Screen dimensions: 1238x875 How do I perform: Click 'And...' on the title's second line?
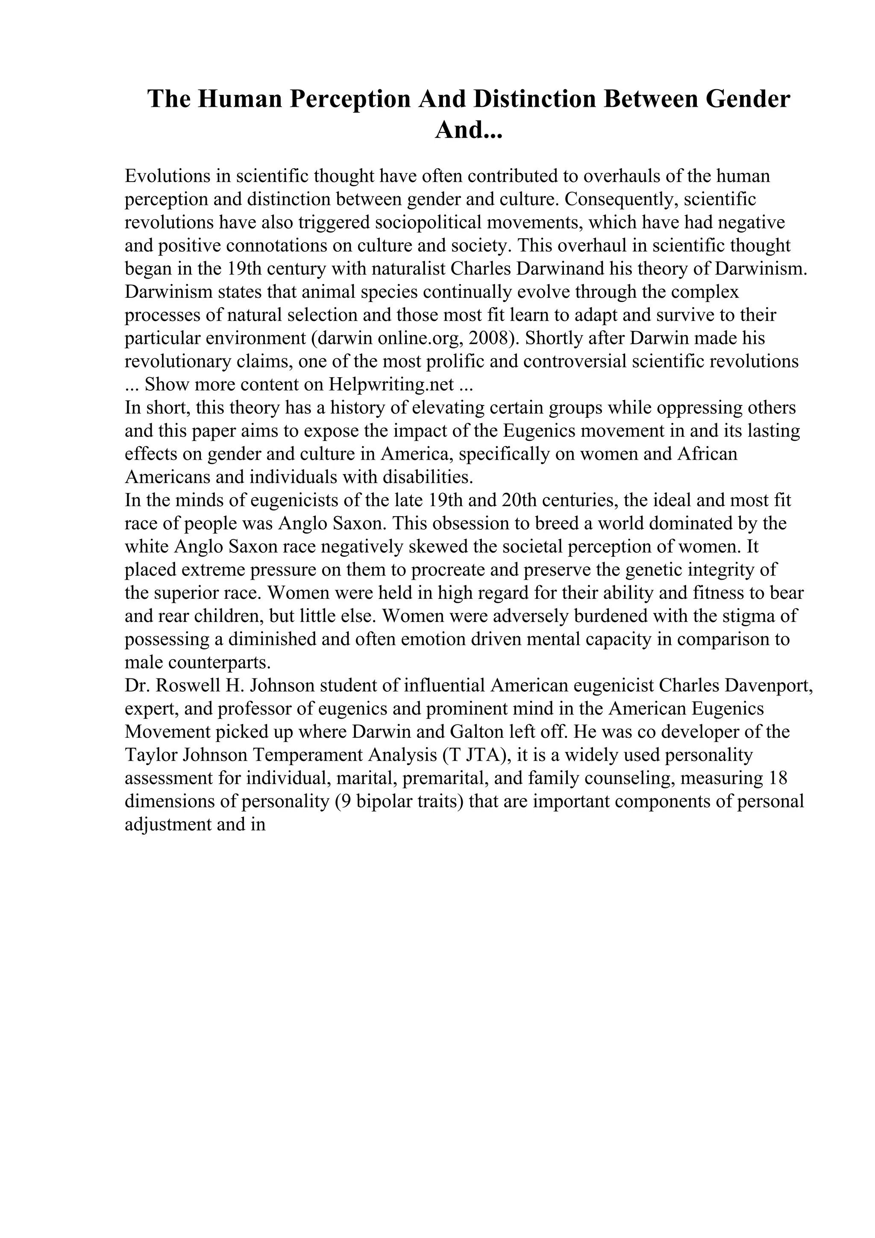coord(468,130)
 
